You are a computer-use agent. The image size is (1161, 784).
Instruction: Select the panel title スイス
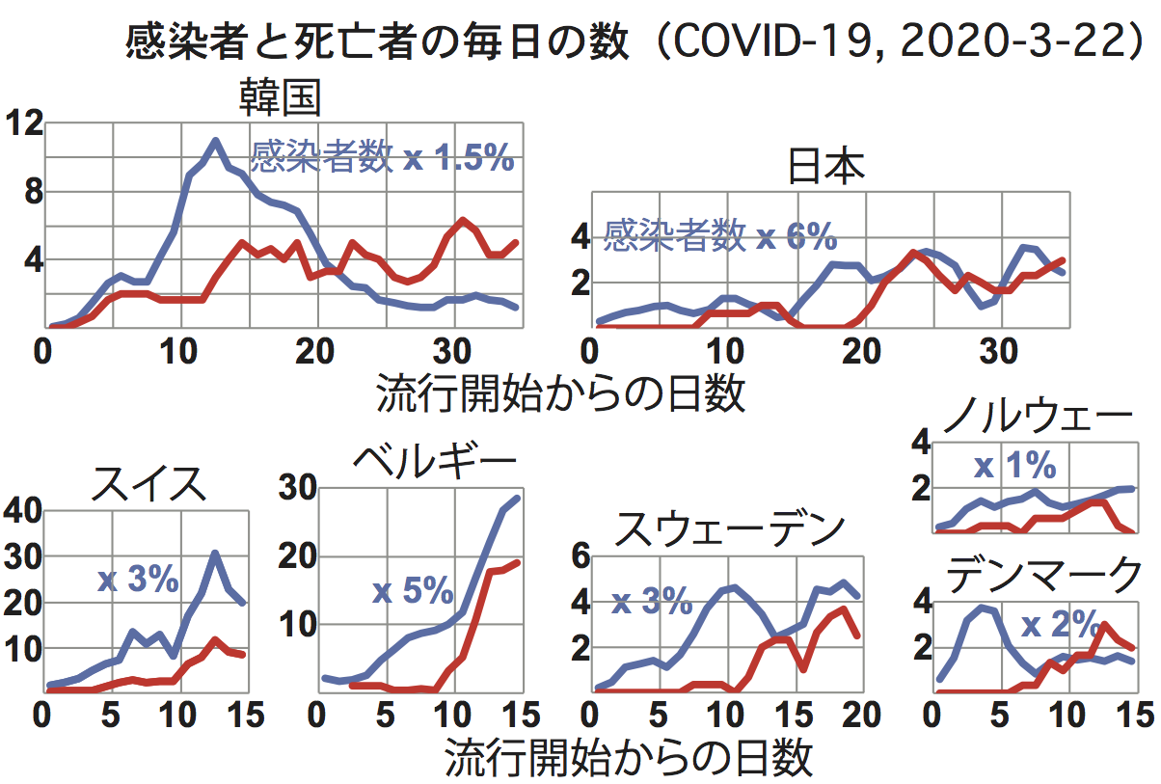(x=148, y=483)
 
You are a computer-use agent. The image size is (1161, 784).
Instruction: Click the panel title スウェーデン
(x=730, y=527)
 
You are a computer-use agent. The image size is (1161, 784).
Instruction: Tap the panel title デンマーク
(x=1042, y=576)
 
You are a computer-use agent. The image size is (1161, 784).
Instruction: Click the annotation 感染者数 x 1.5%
(x=382, y=157)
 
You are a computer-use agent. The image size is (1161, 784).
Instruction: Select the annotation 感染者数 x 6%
(x=719, y=235)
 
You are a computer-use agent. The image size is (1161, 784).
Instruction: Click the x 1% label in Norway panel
(x=1014, y=467)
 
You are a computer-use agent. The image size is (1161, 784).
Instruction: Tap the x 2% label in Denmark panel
(x=1061, y=625)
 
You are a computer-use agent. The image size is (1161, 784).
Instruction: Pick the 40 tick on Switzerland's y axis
(x=22, y=511)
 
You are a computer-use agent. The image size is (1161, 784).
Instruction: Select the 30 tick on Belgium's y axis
(x=298, y=488)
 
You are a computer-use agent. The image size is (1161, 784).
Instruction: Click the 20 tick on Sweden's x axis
(x=860, y=716)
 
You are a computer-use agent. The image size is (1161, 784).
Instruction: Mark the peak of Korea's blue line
(x=215, y=142)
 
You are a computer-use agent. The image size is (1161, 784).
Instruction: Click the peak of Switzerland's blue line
(x=215, y=554)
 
